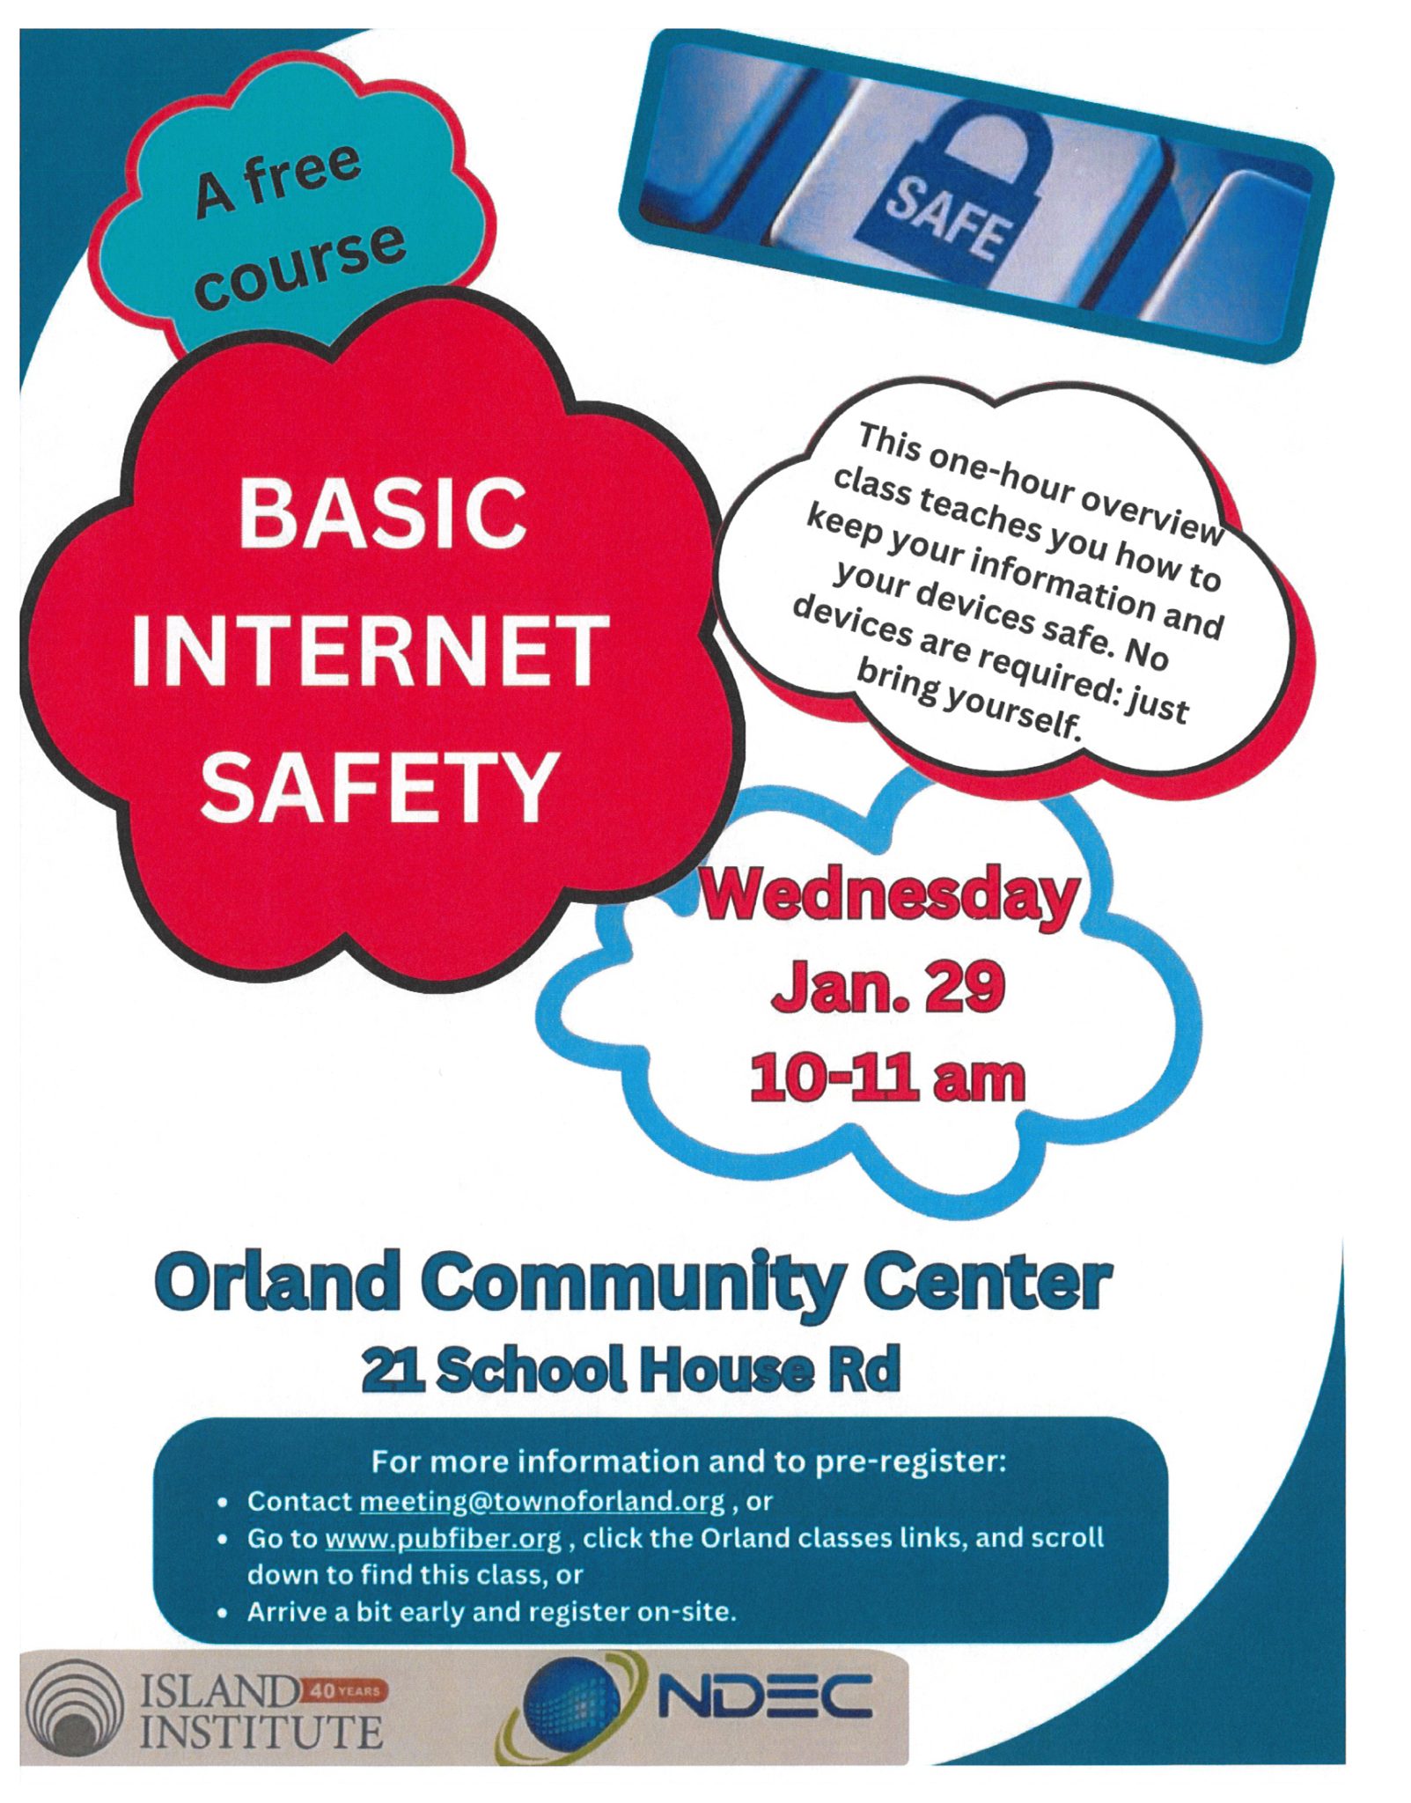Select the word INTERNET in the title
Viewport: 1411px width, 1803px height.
coord(371,651)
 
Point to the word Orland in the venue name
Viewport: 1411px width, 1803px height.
coord(276,1284)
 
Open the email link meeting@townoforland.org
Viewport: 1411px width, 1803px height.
coord(542,1500)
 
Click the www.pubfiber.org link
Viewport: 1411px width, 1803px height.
coord(443,1539)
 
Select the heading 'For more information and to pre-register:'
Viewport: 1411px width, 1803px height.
coord(688,1461)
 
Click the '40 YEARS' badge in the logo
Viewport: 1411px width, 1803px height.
coord(344,1691)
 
